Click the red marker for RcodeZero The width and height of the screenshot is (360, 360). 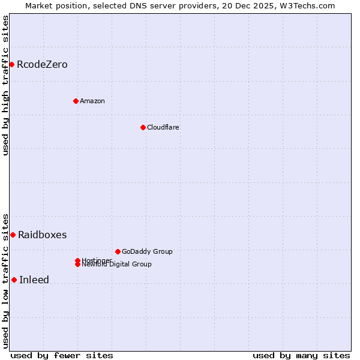pos(11,64)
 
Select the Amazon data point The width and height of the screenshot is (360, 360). pos(76,101)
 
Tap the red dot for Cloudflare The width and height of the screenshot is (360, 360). pos(143,127)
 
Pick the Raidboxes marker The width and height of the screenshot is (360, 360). pos(13,235)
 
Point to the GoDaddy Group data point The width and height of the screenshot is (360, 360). pos(118,251)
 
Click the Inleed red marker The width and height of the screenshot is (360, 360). pos(14,280)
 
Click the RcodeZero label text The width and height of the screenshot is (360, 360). pos(42,64)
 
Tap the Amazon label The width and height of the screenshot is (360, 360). pos(92,101)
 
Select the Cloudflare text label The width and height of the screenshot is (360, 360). pos(163,127)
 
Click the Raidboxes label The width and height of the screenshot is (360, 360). pos(42,235)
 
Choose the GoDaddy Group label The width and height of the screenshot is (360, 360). pos(147,251)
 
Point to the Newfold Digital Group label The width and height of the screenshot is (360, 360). pos(117,265)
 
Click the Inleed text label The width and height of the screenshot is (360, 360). pos(34,280)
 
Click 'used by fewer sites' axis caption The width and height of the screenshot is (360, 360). pos(62,356)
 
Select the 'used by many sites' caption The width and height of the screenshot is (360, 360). pos(301,356)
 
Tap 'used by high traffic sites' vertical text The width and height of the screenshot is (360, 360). pos(6,85)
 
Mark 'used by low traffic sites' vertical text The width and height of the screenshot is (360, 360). pos(6,280)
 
